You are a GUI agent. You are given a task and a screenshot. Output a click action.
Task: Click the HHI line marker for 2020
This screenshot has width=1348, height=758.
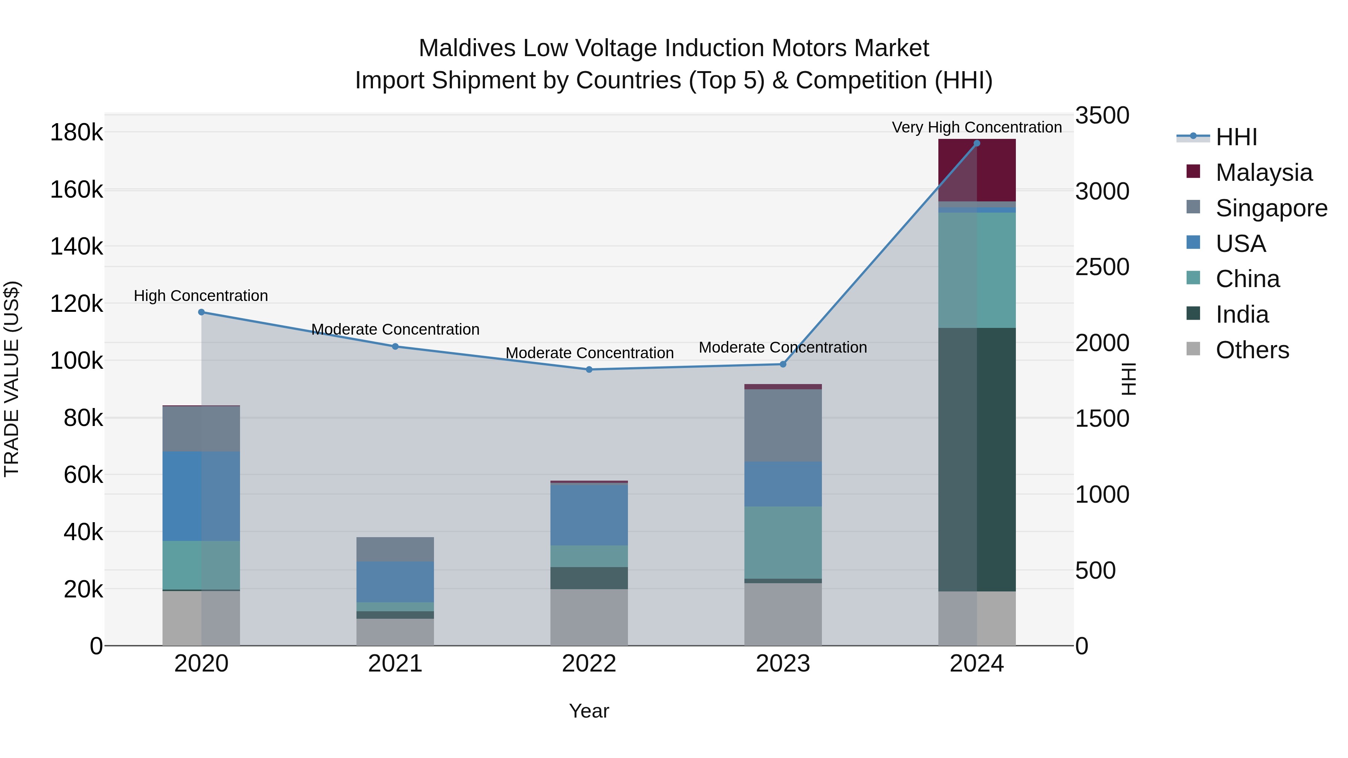(201, 312)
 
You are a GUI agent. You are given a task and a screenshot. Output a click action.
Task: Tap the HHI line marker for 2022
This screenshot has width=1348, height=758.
(589, 370)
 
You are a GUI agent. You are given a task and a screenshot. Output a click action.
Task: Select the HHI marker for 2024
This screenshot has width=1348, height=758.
(977, 143)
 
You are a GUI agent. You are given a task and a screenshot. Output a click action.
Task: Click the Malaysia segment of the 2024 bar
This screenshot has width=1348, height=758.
(977, 170)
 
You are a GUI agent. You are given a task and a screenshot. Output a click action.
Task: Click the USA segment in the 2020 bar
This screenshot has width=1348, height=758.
(201, 496)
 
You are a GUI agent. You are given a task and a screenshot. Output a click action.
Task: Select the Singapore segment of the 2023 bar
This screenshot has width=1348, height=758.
(783, 425)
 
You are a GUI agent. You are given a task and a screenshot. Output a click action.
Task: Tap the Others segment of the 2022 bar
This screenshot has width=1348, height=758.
(589, 617)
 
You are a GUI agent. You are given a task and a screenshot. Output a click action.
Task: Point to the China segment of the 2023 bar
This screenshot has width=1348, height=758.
(783, 542)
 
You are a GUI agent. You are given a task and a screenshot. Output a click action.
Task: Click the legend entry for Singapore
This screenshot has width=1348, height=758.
(1271, 208)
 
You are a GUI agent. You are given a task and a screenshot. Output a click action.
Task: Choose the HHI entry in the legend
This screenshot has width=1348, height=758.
(1236, 137)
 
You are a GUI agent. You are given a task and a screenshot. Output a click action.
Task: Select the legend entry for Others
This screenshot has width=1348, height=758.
(1252, 350)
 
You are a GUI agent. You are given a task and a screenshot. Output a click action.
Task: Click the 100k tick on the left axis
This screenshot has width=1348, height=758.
(76, 361)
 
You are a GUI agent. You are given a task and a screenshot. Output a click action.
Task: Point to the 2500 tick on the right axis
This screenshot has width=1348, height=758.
(1102, 267)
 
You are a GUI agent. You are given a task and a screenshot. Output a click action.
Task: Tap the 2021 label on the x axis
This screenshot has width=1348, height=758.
(395, 664)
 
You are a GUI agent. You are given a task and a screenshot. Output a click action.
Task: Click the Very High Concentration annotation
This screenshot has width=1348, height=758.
(977, 127)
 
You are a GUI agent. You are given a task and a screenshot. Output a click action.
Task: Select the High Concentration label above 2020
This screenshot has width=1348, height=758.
(201, 296)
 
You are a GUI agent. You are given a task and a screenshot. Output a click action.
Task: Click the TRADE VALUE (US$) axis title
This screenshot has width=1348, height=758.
(12, 379)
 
